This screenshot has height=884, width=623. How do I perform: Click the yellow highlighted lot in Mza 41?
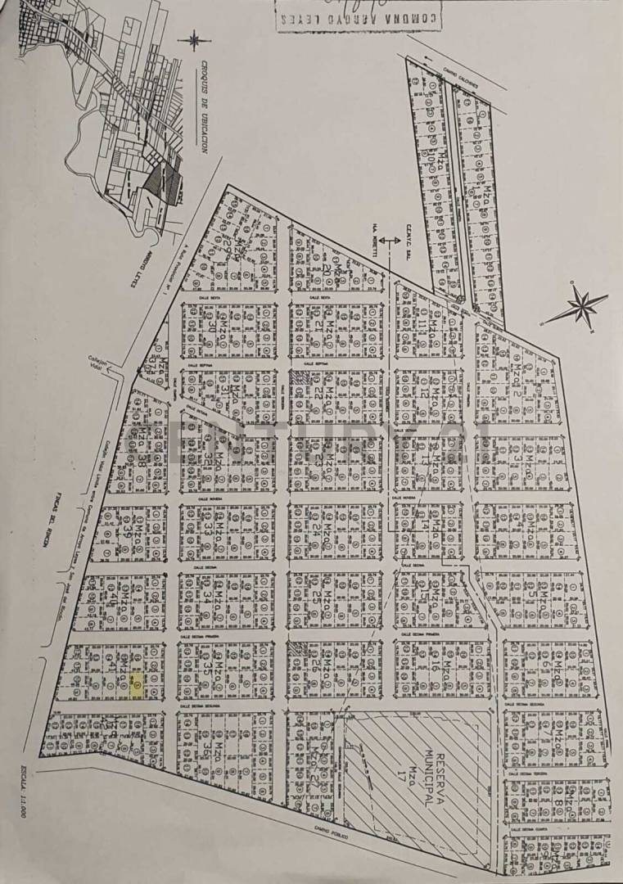137,686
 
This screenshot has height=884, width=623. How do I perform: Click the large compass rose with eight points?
582,308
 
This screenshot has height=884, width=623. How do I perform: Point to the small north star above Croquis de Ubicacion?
194,39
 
